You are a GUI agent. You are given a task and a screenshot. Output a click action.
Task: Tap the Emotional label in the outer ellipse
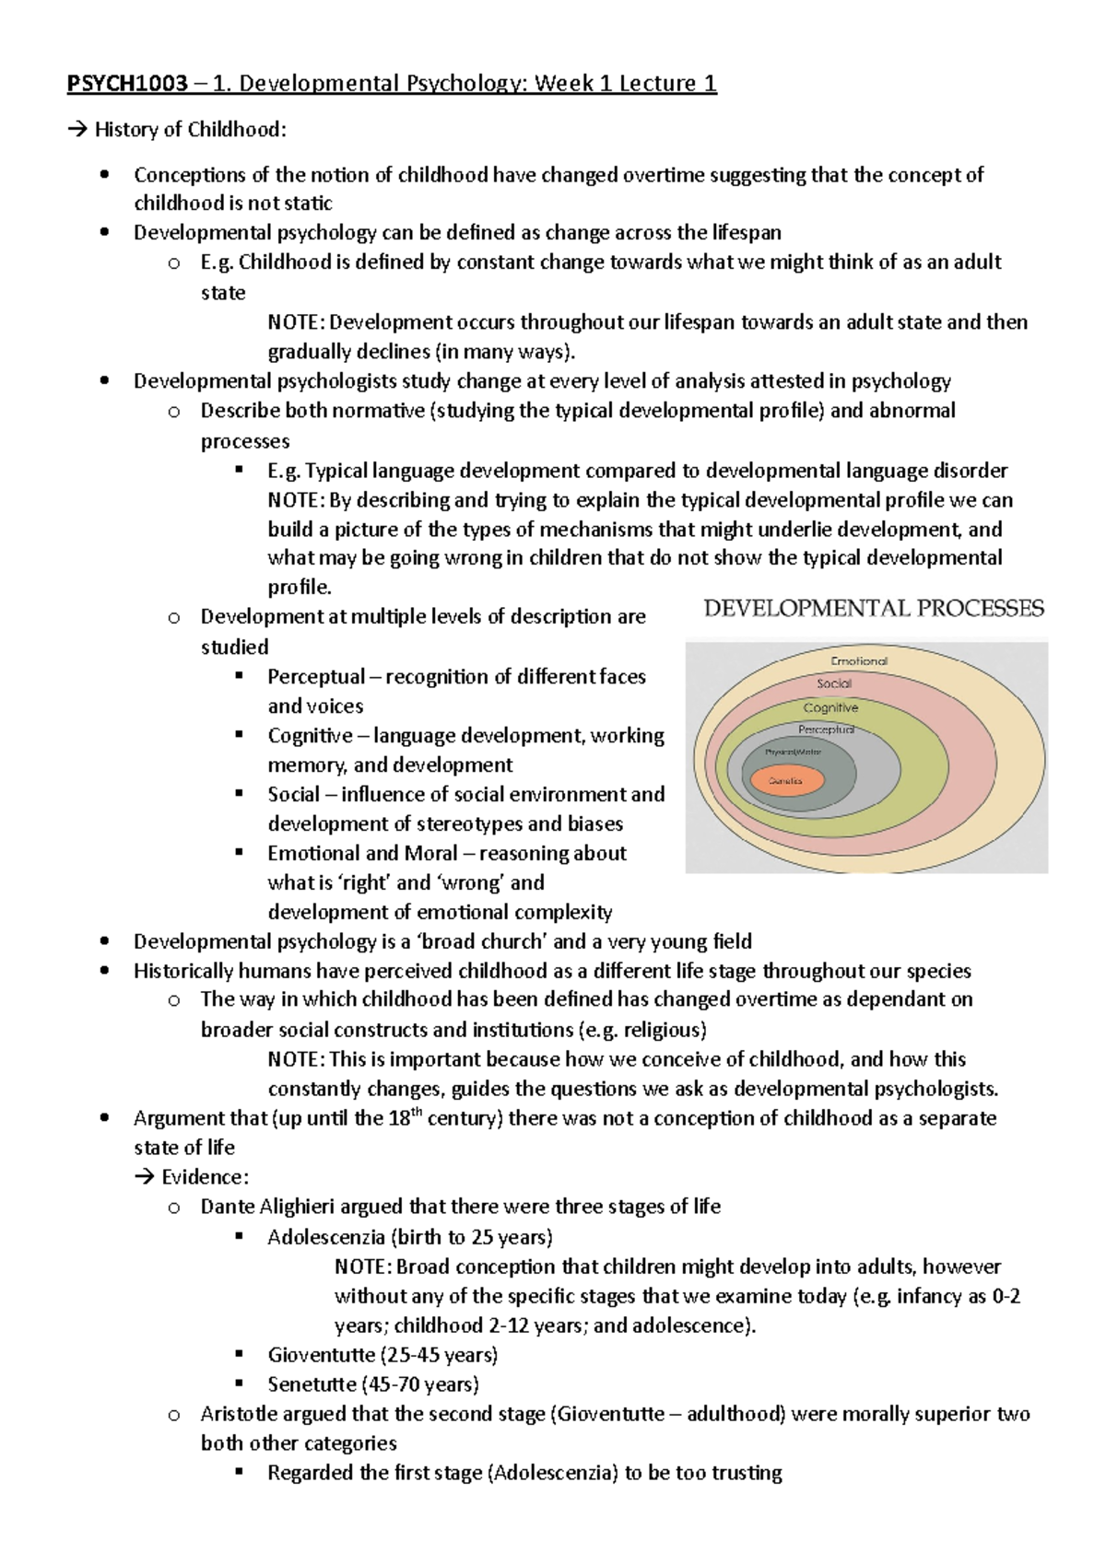(x=859, y=660)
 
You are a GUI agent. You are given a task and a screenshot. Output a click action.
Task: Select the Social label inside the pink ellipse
(x=834, y=683)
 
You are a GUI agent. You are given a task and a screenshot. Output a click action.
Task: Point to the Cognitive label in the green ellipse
(x=830, y=707)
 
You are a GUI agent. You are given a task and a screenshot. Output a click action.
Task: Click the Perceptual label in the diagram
(x=826, y=729)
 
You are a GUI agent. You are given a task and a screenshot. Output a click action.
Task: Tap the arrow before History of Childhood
(x=77, y=130)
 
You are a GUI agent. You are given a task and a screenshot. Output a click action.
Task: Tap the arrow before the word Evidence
(x=144, y=1177)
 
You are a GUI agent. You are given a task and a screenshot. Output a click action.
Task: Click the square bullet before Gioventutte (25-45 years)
(x=240, y=1354)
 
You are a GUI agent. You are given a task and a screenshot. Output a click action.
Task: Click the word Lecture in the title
(x=656, y=85)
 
